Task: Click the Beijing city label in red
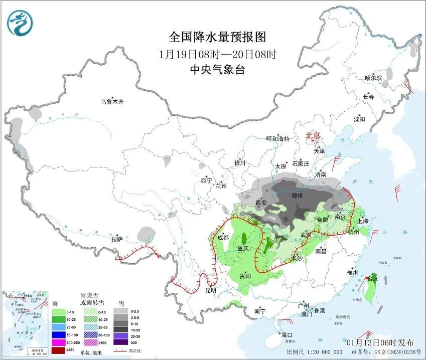pyautogui.click(x=313, y=135)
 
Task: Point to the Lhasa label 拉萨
pyautogui.click(x=117, y=239)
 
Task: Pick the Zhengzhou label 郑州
pyautogui.click(x=298, y=195)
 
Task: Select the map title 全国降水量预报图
pyautogui.click(x=217, y=37)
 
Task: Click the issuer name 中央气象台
pyautogui.click(x=217, y=70)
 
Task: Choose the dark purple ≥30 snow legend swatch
pyautogui.click(x=120, y=342)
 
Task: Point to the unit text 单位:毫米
pyautogui.click(x=93, y=352)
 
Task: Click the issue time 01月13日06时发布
pyautogui.click(x=380, y=342)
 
